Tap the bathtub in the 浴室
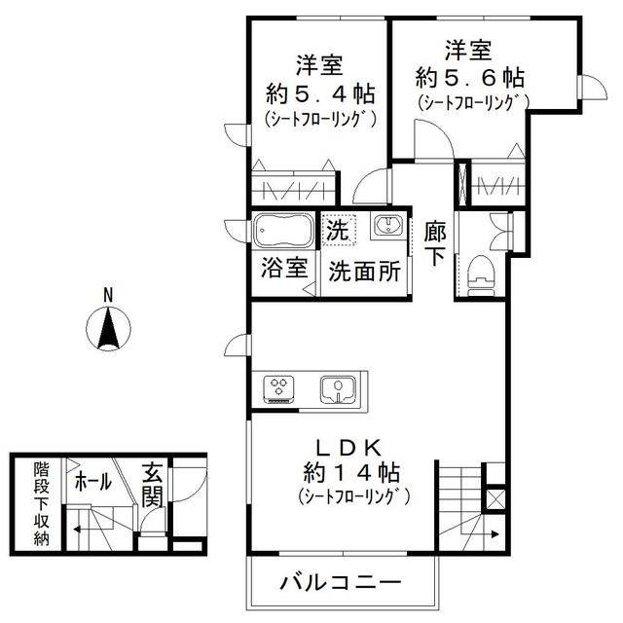pos(282,233)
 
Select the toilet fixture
pos(481,274)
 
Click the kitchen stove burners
pos(279,387)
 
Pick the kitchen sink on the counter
pos(338,388)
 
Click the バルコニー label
pos(341,584)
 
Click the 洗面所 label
pos(362,272)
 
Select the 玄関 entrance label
pos(152,484)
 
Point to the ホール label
pos(92,481)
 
